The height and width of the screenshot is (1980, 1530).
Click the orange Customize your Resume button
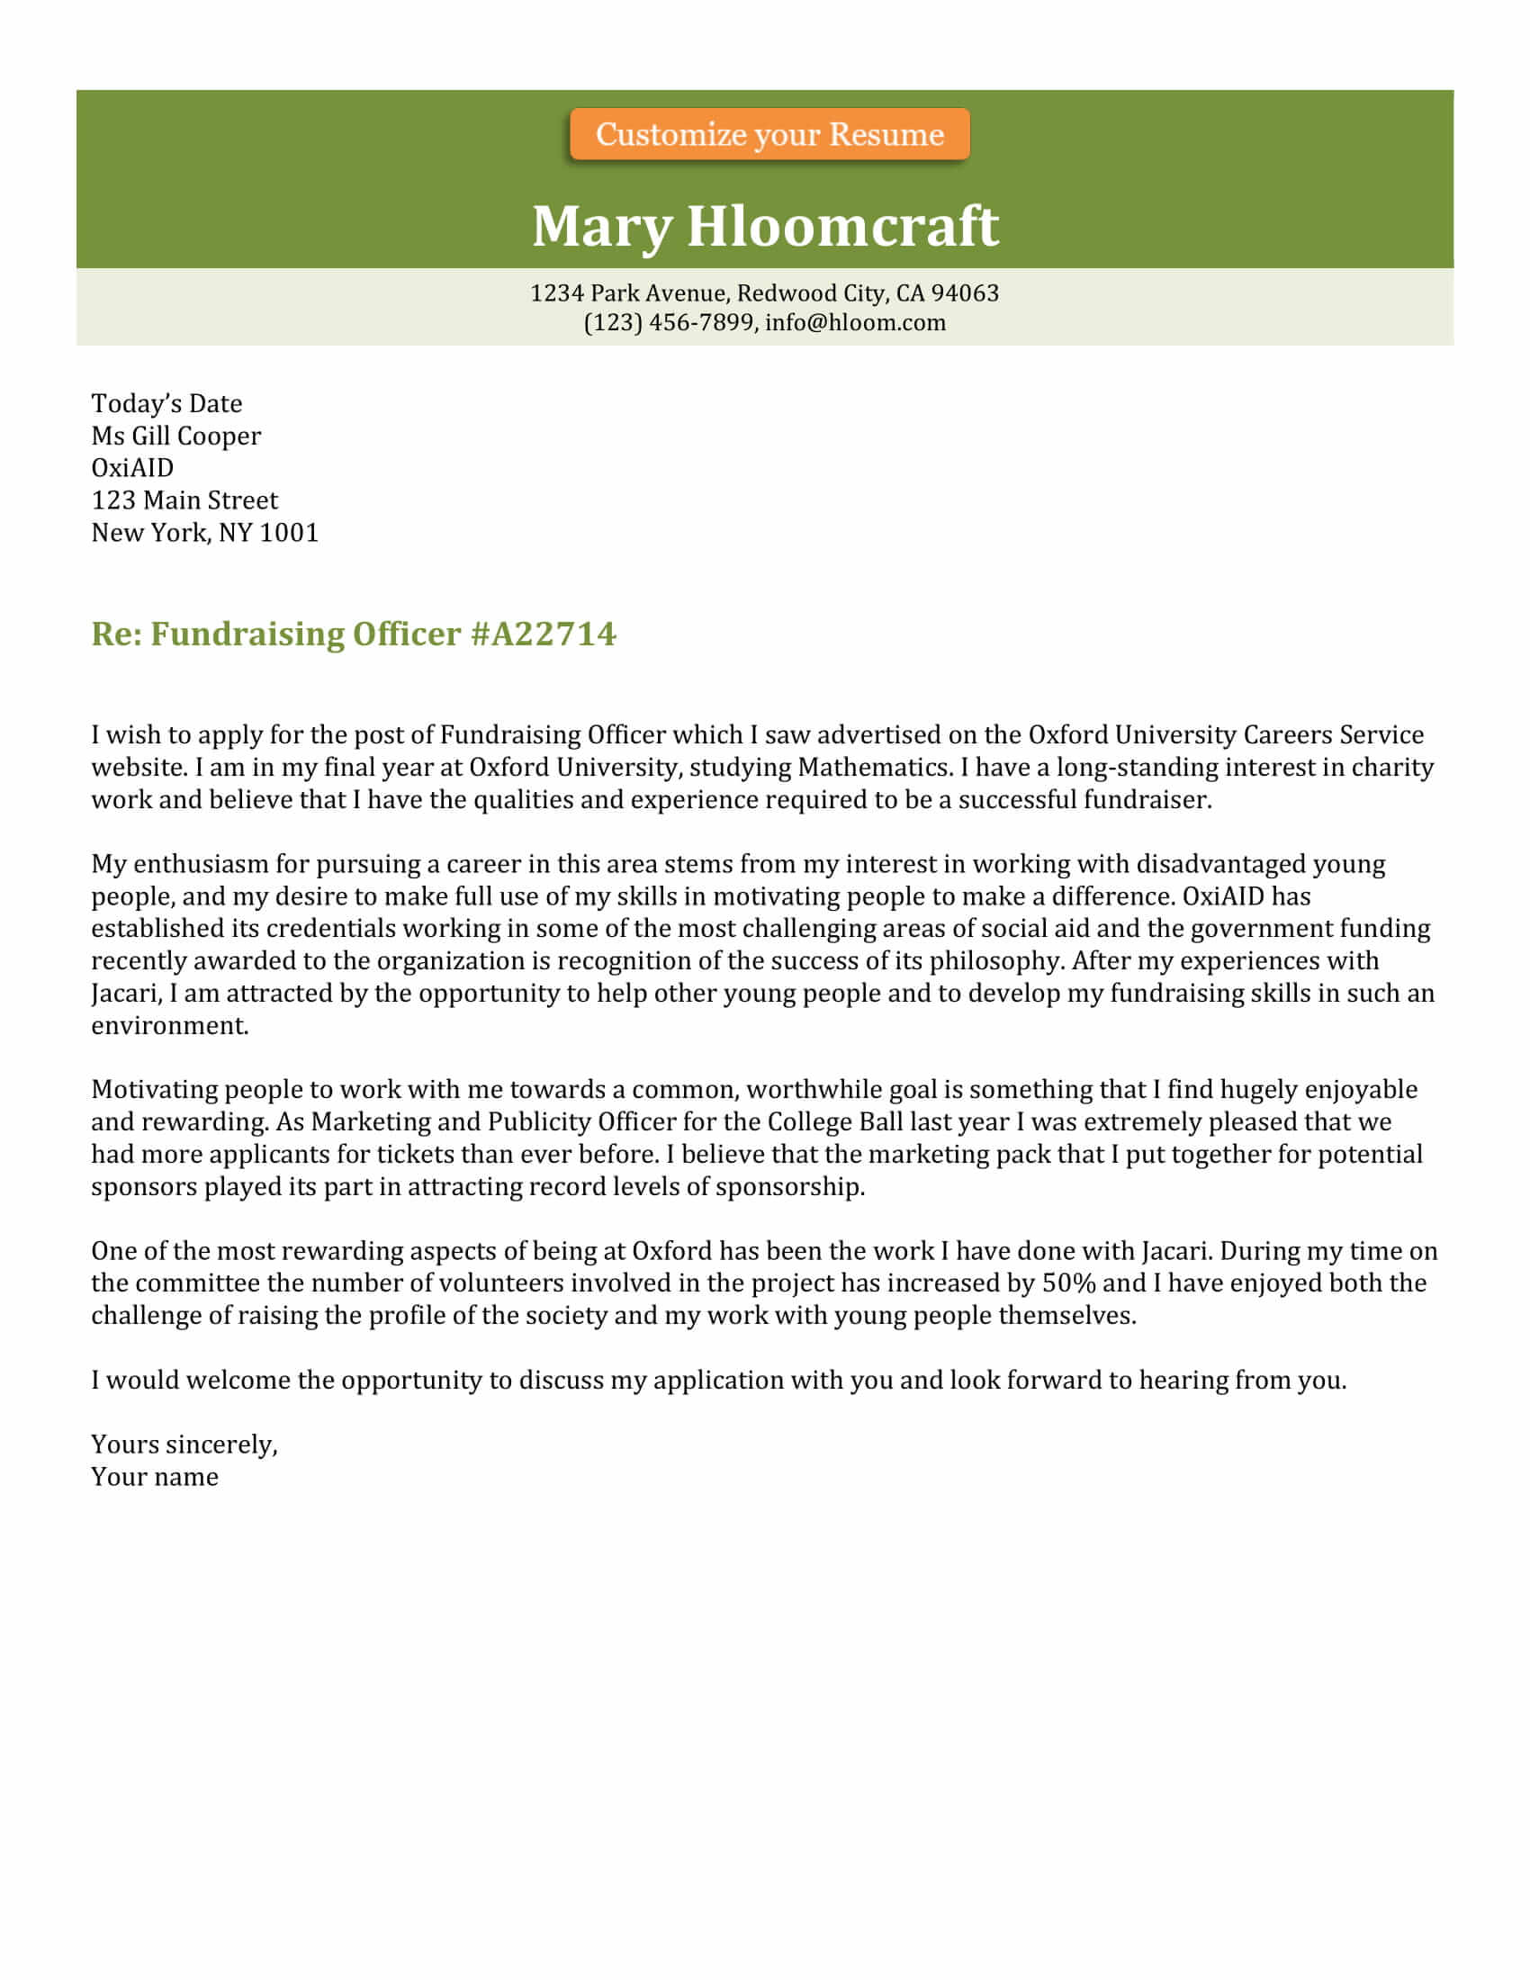[769, 134]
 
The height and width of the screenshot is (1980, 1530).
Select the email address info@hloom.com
[855, 323]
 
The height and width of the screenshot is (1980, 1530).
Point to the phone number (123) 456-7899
[668, 323]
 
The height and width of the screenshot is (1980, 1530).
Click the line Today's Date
[166, 403]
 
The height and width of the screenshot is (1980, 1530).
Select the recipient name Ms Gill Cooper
[175, 436]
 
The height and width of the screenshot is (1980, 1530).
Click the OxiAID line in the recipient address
[132, 468]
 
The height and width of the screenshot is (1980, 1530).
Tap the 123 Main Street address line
[184, 500]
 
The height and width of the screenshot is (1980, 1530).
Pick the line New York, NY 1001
[205, 532]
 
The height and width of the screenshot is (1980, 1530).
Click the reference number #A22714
[543, 634]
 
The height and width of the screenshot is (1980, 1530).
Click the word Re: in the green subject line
[116, 634]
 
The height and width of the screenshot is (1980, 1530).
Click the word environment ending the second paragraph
[168, 1025]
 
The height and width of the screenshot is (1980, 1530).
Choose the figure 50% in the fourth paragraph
[1068, 1283]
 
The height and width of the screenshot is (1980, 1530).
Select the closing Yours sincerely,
[184, 1444]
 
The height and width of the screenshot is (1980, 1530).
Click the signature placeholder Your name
[155, 1477]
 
